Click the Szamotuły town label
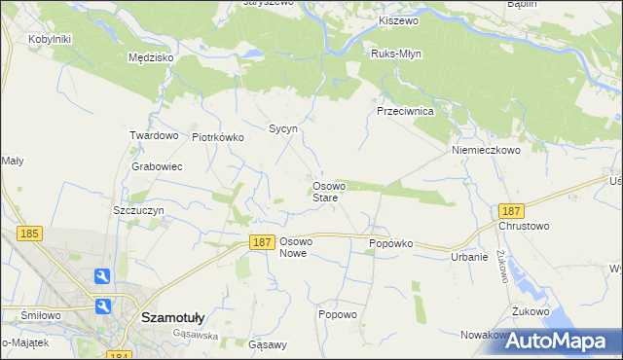pyautogui.click(x=172, y=317)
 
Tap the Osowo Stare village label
pyautogui.click(x=325, y=192)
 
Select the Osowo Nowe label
pyautogui.click(x=295, y=247)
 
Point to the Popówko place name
pyautogui.click(x=391, y=243)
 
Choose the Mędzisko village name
pyautogui.click(x=151, y=58)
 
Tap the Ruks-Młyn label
pyautogui.click(x=396, y=54)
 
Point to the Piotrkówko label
pyautogui.click(x=218, y=138)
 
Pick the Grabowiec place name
pyautogui.click(x=157, y=166)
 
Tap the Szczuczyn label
pyautogui.click(x=139, y=210)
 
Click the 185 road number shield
pyautogui.click(x=29, y=234)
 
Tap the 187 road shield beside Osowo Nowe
pyautogui.click(x=260, y=242)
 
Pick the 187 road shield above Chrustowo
pyautogui.click(x=511, y=210)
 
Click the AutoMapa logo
pyautogui.click(x=563, y=341)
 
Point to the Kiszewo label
pyautogui.click(x=397, y=20)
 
